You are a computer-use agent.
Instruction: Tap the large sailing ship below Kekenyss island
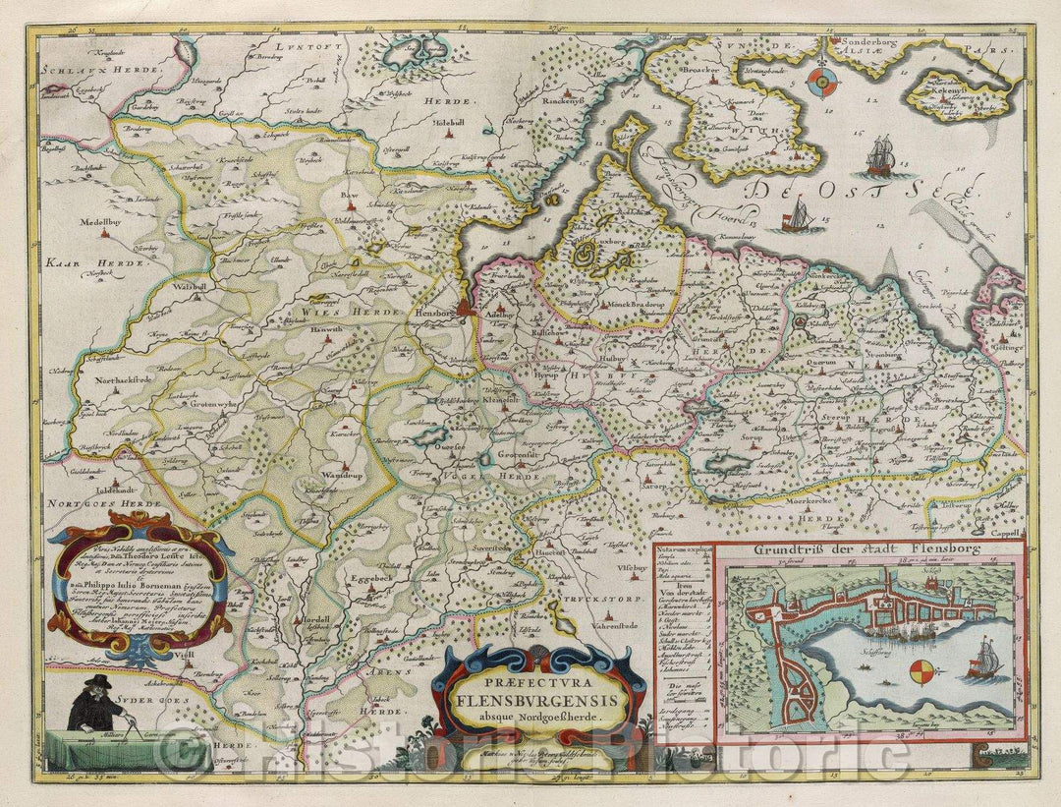880,155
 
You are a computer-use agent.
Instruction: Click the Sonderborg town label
865,43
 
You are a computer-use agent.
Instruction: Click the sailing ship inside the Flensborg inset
984,661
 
